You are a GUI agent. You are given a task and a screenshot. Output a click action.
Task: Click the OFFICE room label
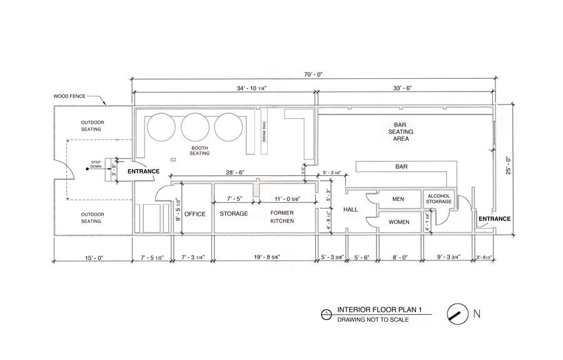click(195, 214)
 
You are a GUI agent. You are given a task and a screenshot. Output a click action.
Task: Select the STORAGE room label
click(234, 214)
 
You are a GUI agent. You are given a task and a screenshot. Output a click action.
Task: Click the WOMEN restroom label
click(399, 222)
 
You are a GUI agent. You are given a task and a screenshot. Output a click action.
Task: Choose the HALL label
click(351, 210)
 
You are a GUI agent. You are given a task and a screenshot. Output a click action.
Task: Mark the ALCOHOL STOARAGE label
click(439, 199)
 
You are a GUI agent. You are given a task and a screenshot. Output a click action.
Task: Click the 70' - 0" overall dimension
click(314, 74)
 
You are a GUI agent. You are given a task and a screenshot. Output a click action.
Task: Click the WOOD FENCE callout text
click(69, 97)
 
